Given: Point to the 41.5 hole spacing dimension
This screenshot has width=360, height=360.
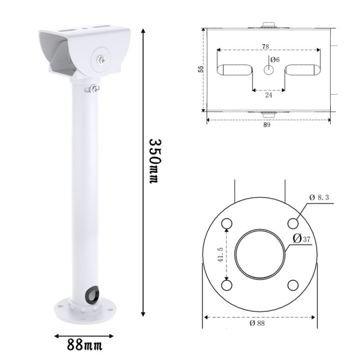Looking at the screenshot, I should pos(220,255).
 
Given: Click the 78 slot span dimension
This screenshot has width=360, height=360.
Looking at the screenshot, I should pos(265,47).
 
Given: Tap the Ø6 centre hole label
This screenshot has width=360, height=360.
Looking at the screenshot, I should pos(275,60).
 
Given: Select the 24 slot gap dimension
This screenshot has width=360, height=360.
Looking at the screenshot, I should pos(268,95).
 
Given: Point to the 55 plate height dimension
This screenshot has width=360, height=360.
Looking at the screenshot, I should pos(201,70).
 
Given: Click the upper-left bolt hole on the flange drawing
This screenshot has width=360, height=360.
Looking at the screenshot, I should pos(227,223).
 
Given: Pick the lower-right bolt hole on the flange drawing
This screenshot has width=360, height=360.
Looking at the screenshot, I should pos(293,285).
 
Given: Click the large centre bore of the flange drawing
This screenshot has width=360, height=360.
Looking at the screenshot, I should pos(260,254).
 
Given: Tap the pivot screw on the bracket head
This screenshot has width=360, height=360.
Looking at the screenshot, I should pos(102,60).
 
